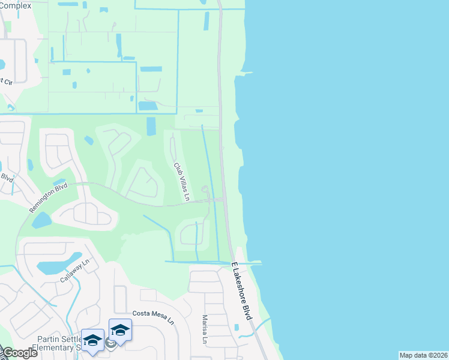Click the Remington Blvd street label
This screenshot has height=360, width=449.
pyautogui.click(x=48, y=197)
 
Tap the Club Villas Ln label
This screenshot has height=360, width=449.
pyautogui.click(x=181, y=181)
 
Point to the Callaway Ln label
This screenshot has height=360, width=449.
pyautogui.click(x=74, y=271)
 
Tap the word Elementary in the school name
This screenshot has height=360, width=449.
pyautogui.click(x=54, y=347)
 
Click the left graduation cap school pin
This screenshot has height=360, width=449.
pyautogui.click(x=92, y=341)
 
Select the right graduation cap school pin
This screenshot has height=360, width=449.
pyautogui.click(x=120, y=330)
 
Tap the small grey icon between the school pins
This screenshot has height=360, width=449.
pyautogui.click(x=110, y=343)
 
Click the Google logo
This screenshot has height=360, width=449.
pyautogui.click(x=19, y=353)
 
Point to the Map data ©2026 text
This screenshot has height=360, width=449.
pyautogui.click(x=423, y=355)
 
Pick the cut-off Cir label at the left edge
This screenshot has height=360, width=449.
pyautogui.click(x=6, y=80)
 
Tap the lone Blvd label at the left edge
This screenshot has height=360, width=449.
pyautogui.click(x=7, y=178)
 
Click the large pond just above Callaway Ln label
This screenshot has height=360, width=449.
pyautogui.click(x=59, y=263)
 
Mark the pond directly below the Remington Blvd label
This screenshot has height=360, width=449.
pyautogui.click(x=41, y=220)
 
